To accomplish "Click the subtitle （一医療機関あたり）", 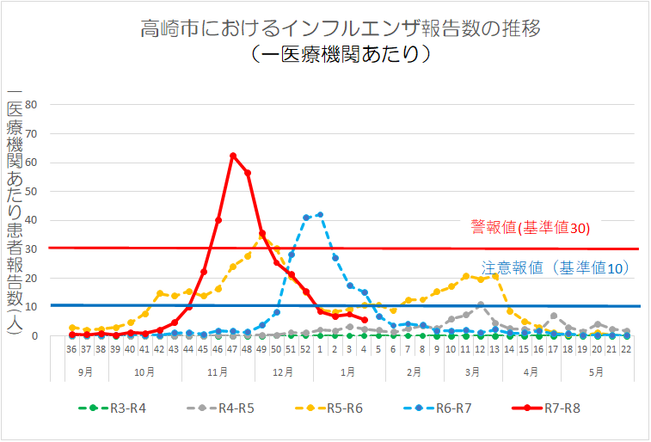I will pyautogui.click(x=341, y=54).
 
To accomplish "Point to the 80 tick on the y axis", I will pyautogui.click(x=33, y=105).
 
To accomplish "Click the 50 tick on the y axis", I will pyautogui.click(x=33, y=192).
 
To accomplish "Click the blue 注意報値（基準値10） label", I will pyautogui.click(x=555, y=268).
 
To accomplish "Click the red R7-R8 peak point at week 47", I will pyautogui.click(x=233, y=156).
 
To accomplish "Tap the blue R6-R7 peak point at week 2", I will pyautogui.click(x=320, y=214).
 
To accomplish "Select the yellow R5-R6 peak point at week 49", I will pyautogui.click(x=262, y=234).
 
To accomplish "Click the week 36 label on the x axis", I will pyautogui.click(x=72, y=350).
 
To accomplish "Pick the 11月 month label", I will pyautogui.click(x=218, y=372).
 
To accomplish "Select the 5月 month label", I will pyautogui.click(x=596, y=372).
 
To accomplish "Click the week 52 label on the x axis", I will pyautogui.click(x=305, y=350).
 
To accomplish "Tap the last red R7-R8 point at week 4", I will pyautogui.click(x=365, y=320).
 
